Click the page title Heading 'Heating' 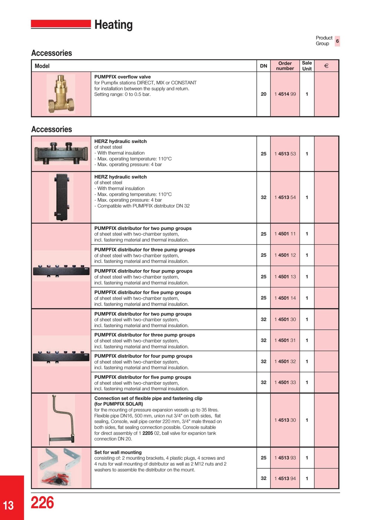click(113, 25)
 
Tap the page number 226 click(42, 503)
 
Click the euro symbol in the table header click(326, 66)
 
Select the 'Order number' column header click(285, 66)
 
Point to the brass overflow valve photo click(61, 94)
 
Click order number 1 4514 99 click(285, 94)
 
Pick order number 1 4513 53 click(285, 154)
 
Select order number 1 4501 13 click(285, 277)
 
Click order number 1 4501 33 click(285, 383)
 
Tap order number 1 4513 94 click(285, 479)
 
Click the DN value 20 click(263, 94)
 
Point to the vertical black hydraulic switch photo click(61, 197)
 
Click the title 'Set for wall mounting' click(118, 452)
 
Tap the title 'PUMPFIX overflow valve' click(122, 77)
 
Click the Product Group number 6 click(337, 41)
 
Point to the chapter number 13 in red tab click(8, 505)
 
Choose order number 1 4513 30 click(285, 420)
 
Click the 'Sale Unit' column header click(307, 66)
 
